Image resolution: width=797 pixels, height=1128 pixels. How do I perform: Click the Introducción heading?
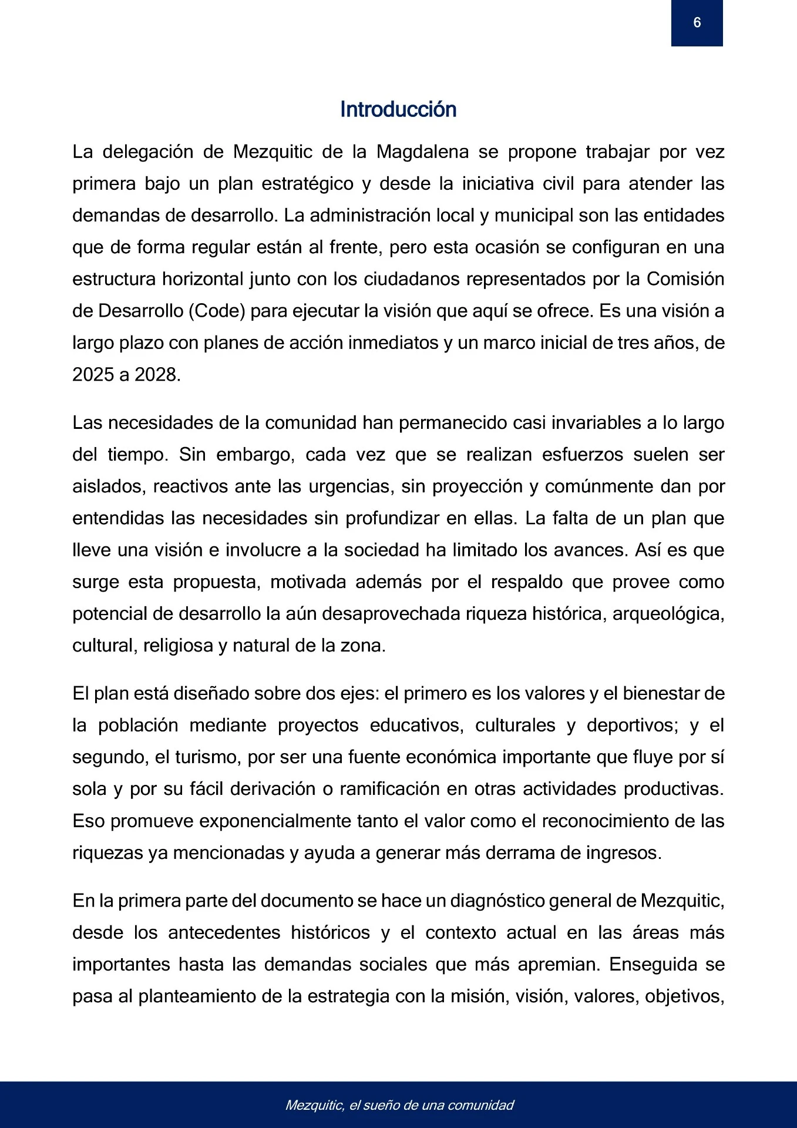coord(398,110)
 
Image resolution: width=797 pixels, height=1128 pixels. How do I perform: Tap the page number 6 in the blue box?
coord(697,23)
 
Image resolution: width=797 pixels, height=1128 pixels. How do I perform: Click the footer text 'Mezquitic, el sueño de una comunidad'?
coord(399,1105)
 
